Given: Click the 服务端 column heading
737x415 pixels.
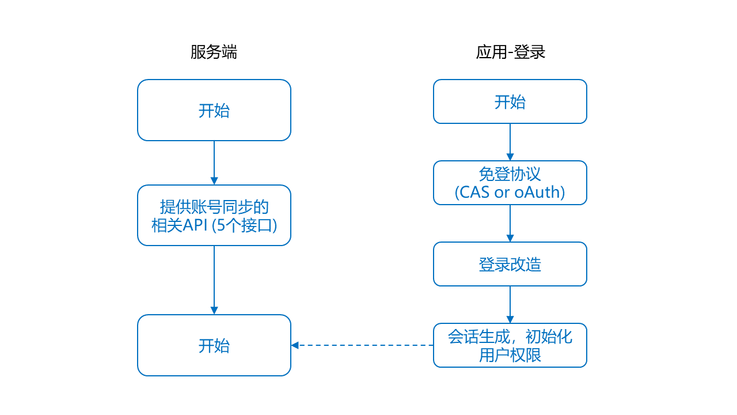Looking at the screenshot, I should point(214,52).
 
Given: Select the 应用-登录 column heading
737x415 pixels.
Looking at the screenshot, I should point(510,52).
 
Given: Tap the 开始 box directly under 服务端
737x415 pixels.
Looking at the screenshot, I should point(214,110).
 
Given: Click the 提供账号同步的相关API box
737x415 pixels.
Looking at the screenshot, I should point(214,216).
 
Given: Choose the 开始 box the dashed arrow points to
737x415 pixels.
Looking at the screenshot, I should point(214,345).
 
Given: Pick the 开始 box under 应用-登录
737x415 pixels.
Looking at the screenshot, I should point(510,102).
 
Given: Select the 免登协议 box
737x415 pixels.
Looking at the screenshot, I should point(510,183).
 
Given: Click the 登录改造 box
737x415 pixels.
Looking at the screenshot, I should point(510,264).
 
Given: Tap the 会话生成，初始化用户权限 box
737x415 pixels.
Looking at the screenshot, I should point(510,345).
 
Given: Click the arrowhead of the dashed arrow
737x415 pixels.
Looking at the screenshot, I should point(295,345).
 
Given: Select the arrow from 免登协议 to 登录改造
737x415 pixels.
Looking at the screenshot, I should point(510,223).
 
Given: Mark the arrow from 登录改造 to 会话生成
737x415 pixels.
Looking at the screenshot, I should point(510,304).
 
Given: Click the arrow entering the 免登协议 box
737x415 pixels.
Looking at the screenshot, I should point(510,142).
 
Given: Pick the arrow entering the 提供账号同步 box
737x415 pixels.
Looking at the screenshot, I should point(214,163).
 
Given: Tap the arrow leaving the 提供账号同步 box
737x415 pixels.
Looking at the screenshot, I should point(214,280).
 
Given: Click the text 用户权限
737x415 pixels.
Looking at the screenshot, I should point(510,355).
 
